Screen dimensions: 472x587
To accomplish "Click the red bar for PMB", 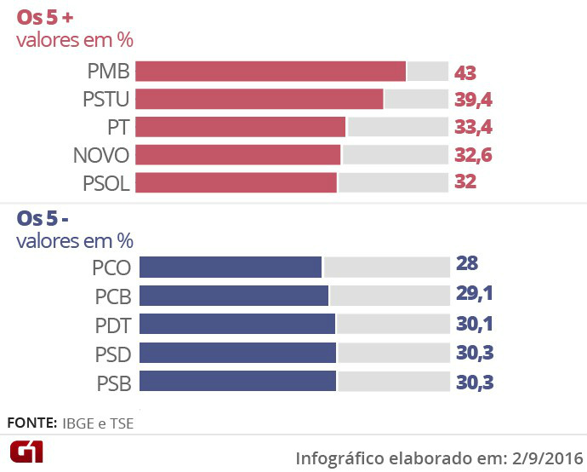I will click(271, 72).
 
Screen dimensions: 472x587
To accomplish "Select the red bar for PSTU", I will click(259, 100).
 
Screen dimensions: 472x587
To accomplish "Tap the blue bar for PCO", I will click(231, 268).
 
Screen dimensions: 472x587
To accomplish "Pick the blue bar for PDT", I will click(237, 325).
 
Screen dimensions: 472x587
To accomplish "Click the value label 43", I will click(465, 72).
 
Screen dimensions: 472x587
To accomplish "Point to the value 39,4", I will click(474, 101).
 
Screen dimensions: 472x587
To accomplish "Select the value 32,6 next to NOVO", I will click(474, 155).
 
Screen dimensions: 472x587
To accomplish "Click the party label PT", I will click(118, 128).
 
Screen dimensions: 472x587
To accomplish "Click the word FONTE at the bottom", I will click(31, 423).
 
